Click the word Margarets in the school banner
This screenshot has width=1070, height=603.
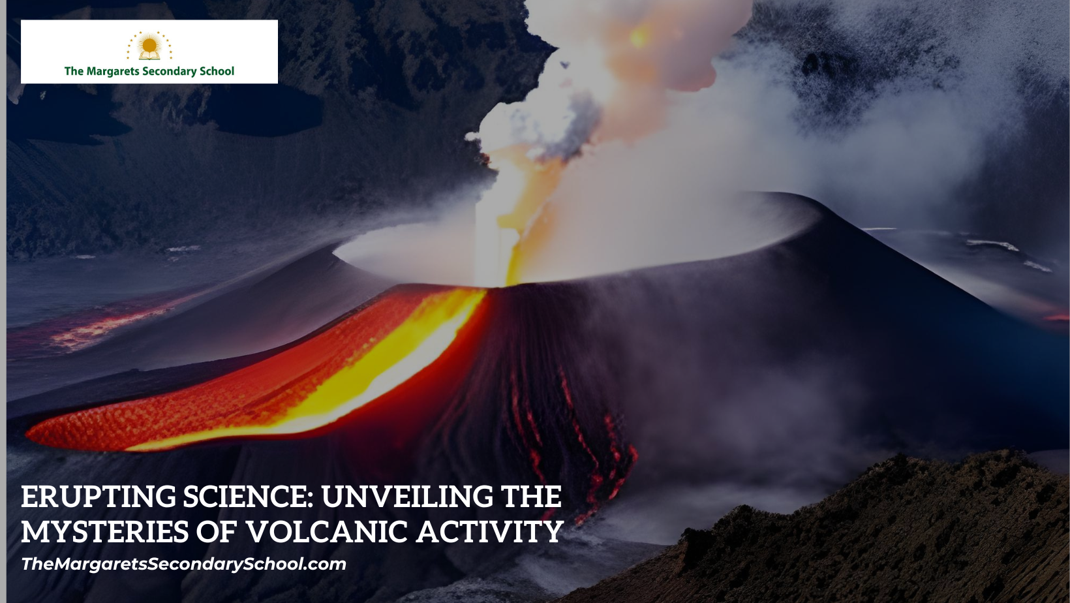pyautogui.click(x=112, y=72)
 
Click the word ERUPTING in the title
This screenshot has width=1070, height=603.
pyautogui.click(x=99, y=497)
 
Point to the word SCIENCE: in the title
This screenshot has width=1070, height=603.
pyautogui.click(x=249, y=497)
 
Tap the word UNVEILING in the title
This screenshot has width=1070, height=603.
pyautogui.click(x=407, y=497)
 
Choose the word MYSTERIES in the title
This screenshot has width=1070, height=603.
pyautogui.click(x=105, y=533)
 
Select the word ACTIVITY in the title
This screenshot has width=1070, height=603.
pyautogui.click(x=490, y=533)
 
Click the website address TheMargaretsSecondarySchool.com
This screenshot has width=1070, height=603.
pyautogui.click(x=183, y=564)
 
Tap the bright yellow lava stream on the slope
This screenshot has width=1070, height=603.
pyautogui.click(x=391, y=365)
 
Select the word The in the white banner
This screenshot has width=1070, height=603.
pyautogui.click(x=74, y=72)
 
